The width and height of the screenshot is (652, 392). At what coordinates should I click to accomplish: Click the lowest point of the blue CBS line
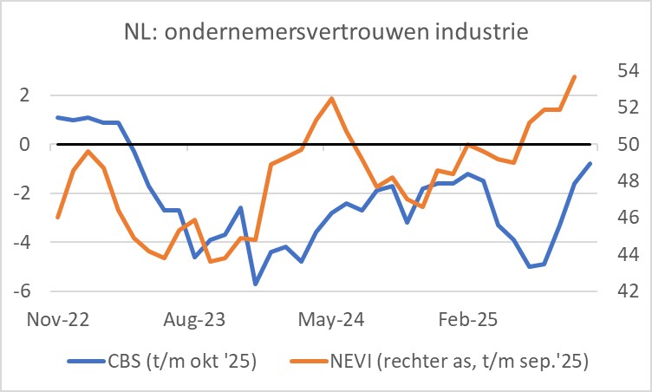pyautogui.click(x=256, y=284)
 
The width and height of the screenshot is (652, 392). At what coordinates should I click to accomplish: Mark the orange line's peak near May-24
pyautogui.click(x=331, y=98)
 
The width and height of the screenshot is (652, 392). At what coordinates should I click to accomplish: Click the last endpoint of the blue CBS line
pyautogui.click(x=590, y=163)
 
